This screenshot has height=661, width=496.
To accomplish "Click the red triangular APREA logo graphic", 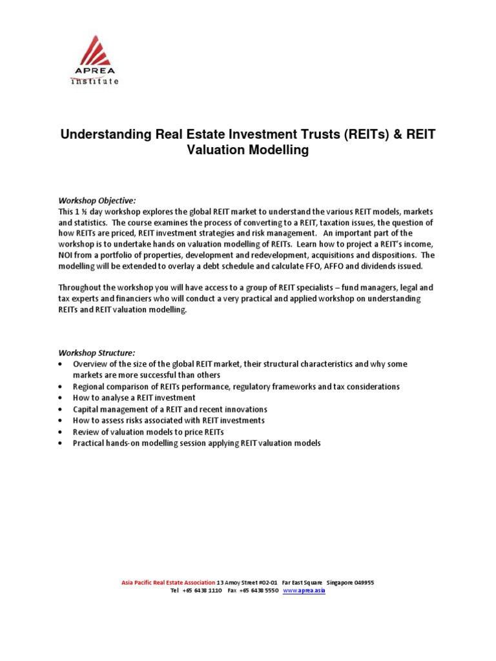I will pyautogui.click(x=94, y=51).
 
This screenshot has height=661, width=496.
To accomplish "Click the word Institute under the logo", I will pyautogui.click(x=94, y=81).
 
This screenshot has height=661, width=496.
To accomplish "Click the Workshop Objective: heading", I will pyautogui.click(x=96, y=201).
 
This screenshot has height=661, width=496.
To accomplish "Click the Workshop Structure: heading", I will pyautogui.click(x=96, y=352).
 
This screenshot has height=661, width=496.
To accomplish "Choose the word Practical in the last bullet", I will pyautogui.click(x=89, y=443).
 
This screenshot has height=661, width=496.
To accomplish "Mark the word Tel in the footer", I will pyautogui.click(x=174, y=591).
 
